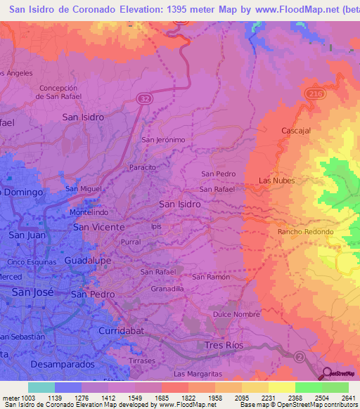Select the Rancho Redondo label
(305, 231)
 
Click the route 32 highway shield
(143, 100)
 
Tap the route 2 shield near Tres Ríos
(300, 356)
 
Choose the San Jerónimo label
(164, 140)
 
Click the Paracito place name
(143, 167)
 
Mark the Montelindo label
(89, 212)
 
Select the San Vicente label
(99, 227)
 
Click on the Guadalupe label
(88, 260)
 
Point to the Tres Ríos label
(224, 345)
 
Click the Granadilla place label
(167, 288)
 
